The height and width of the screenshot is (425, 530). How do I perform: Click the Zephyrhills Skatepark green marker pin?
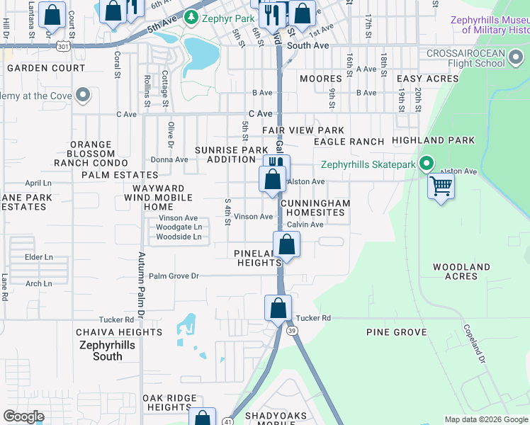pos(426,164)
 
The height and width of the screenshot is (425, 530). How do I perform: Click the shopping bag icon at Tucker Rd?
pos(278,308)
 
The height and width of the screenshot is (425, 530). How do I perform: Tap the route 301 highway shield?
pos(63,46)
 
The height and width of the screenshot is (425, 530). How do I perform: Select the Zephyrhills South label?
pos(108,351)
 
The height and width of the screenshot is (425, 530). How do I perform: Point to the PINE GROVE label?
pos(396,332)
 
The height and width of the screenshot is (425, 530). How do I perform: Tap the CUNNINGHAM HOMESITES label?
pos(315,208)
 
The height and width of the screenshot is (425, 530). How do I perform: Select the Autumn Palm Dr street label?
pos(141,283)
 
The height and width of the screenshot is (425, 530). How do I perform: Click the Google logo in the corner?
pos(23,416)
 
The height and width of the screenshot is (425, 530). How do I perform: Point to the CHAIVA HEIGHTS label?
pos(119,332)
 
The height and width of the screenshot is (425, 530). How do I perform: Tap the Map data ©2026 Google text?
pos(485,419)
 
